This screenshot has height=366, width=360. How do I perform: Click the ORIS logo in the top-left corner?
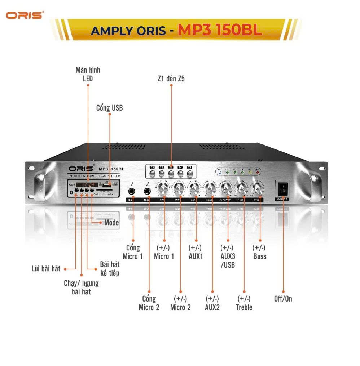(x=25, y=15)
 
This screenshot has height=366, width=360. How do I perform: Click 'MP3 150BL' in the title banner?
(x=219, y=30)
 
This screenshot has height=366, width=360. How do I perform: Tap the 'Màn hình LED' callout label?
(x=88, y=74)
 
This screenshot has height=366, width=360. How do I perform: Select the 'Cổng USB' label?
(x=109, y=108)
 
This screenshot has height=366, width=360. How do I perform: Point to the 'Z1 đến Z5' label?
(x=171, y=79)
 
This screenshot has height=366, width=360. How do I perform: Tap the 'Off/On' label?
(x=283, y=299)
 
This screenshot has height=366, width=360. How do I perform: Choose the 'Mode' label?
(x=111, y=223)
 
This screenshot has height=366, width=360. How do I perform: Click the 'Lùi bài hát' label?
(x=46, y=269)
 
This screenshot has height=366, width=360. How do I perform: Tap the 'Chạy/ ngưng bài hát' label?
(x=81, y=287)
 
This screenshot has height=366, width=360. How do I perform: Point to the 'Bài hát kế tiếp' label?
(x=110, y=268)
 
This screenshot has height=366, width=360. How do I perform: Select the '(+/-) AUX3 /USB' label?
(x=228, y=256)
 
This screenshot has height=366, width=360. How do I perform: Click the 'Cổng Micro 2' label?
(x=149, y=303)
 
